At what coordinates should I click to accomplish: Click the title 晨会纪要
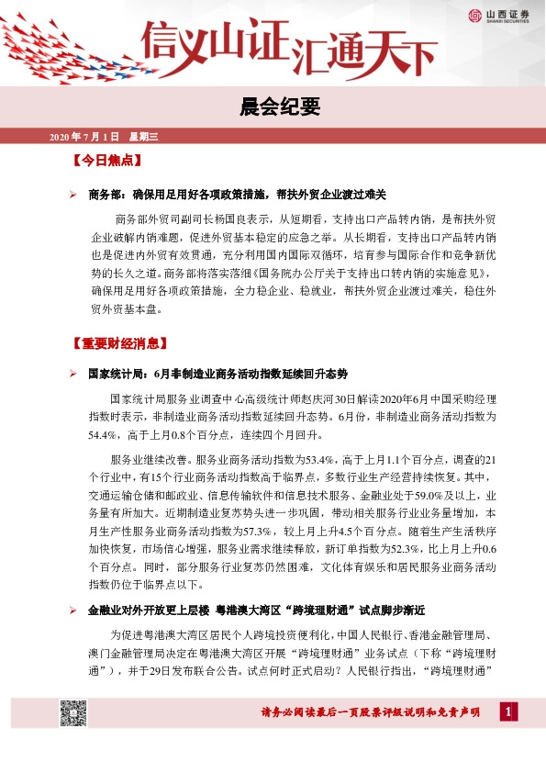(273, 106)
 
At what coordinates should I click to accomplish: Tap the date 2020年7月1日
(84, 138)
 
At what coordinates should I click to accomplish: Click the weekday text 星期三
(144, 138)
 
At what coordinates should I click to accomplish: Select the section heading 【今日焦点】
(106, 161)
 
